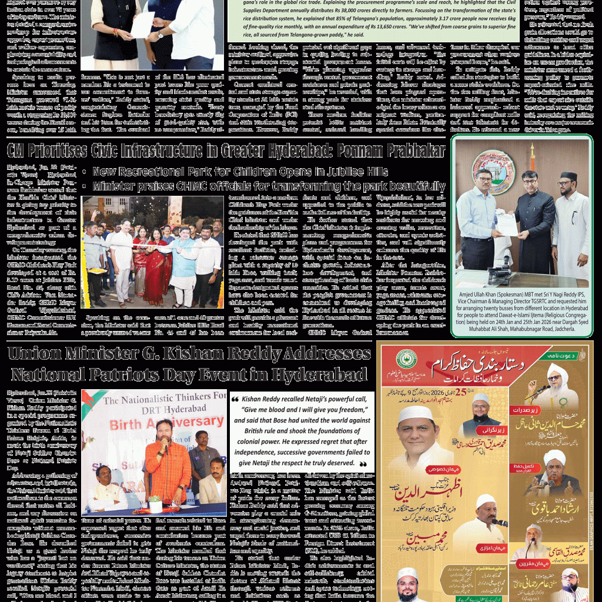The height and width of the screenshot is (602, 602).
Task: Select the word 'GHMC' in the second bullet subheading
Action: point(205,186)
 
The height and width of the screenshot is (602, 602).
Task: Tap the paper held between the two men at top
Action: point(142,25)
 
